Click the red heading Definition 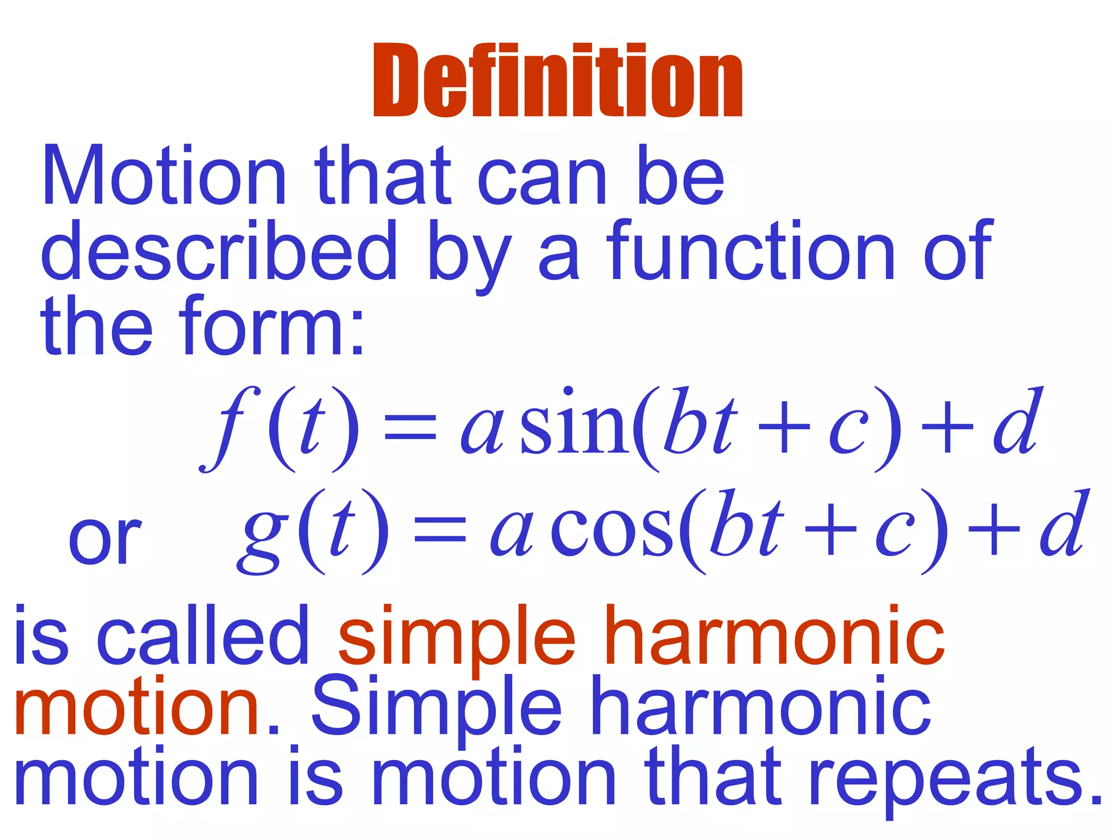click(557, 80)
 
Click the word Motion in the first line click(163, 176)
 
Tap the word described click(219, 252)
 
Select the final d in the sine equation click(1016, 422)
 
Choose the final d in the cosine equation click(1063, 525)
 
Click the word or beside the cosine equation click(105, 539)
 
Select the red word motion click(136, 707)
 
